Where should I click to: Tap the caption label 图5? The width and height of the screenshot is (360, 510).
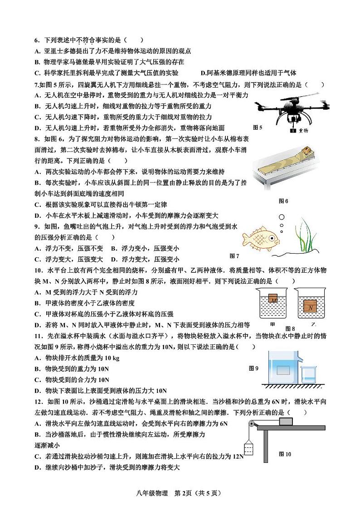pyautogui.click(x=258, y=127)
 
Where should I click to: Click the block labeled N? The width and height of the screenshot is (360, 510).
pyautogui.click(x=310, y=307)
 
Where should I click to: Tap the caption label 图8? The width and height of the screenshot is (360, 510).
pyautogui.click(x=290, y=329)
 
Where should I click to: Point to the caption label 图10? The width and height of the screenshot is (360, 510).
pyautogui.click(x=285, y=454)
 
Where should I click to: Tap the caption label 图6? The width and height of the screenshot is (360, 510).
pyautogui.click(x=283, y=201)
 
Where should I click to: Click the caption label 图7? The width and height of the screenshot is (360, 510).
pyautogui.click(x=234, y=256)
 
